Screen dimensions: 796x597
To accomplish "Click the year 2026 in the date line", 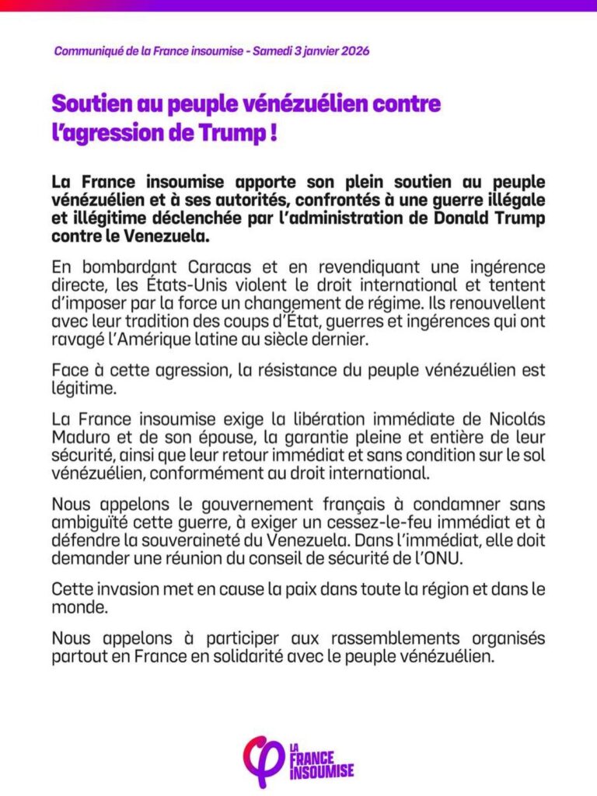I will [x=354, y=51].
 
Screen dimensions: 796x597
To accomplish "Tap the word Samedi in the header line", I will [x=274, y=51].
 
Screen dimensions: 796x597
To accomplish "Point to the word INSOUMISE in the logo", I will [x=322, y=771].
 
